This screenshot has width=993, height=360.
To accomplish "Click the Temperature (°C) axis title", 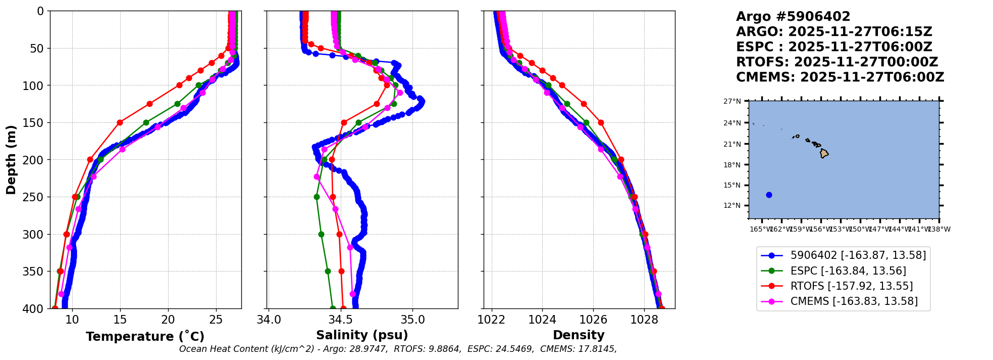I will pyautogui.click(x=145, y=337).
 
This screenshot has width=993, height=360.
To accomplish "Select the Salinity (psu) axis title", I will pyautogui.click(x=362, y=335).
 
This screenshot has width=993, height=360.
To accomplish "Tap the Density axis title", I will pyautogui.click(x=579, y=335).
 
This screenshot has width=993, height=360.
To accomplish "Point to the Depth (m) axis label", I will pyautogui.click(x=11, y=160).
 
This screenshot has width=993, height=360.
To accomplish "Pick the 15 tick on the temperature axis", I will pyautogui.click(x=120, y=320).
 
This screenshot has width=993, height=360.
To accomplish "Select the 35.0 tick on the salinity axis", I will pyautogui.click(x=412, y=320).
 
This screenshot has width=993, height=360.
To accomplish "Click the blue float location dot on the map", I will pyautogui.click(x=769, y=195).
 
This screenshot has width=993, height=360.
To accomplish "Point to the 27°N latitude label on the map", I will pyautogui.click(x=733, y=102).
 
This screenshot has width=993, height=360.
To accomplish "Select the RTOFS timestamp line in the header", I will pyautogui.click(x=837, y=62).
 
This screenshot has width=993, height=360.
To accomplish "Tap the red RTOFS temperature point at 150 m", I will pyautogui.click(x=120, y=122).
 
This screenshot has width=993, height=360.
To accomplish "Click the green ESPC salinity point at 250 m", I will pyautogui.click(x=317, y=197).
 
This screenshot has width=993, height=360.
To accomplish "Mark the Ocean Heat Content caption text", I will pyautogui.click(x=398, y=349).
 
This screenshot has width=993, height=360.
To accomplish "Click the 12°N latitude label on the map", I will pyautogui.click(x=733, y=205).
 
